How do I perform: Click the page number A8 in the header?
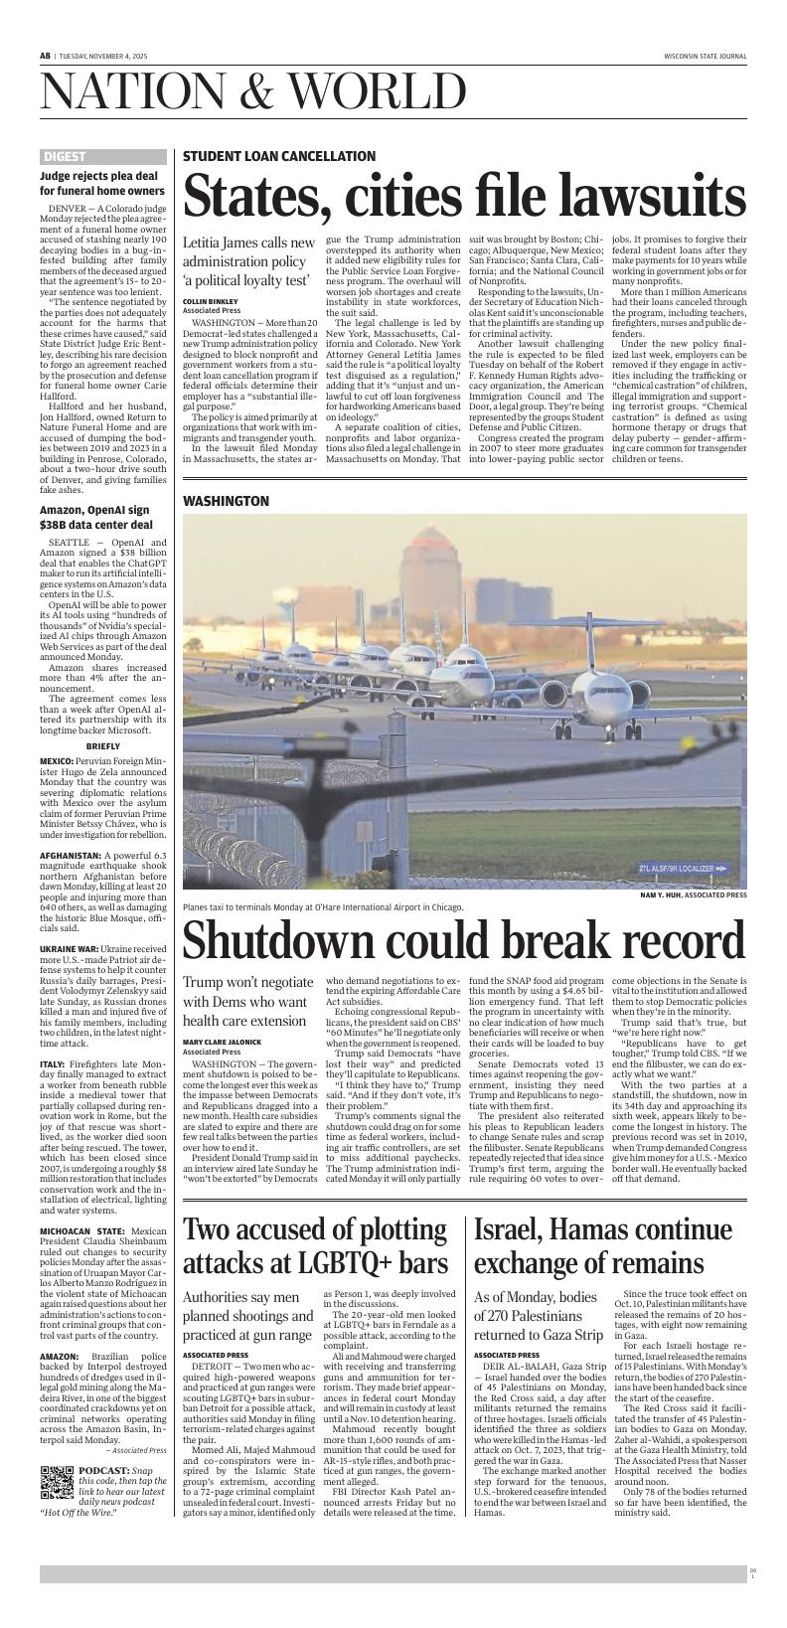[46, 57]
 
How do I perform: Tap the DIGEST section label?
[65, 157]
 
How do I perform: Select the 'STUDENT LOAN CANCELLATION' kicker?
[278, 156]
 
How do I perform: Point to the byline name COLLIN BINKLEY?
[211, 301]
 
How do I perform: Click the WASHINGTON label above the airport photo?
[227, 501]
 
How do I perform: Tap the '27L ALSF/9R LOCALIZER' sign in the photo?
[684, 869]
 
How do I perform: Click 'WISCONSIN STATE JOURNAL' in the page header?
[705, 57]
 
